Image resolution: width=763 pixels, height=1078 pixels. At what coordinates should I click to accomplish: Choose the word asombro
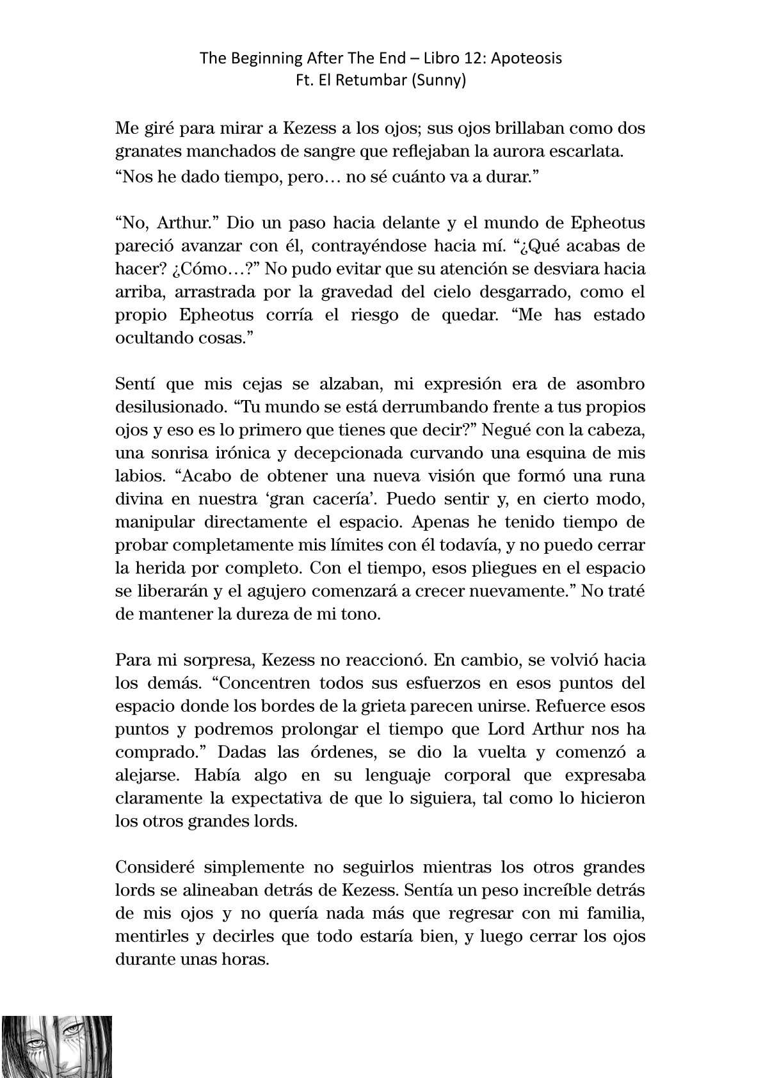point(607,384)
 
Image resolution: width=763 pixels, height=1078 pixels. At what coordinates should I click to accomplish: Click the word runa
point(623,476)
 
